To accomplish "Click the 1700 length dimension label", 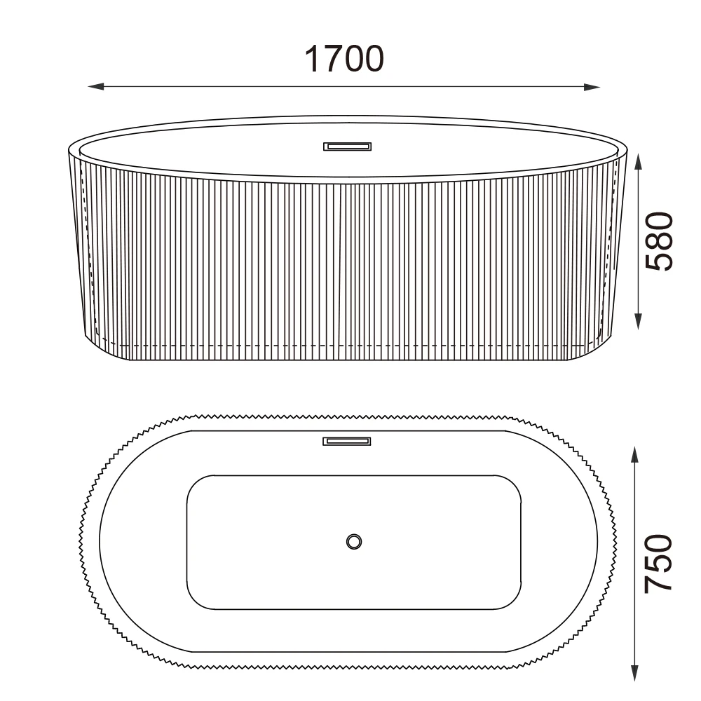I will coord(343,59).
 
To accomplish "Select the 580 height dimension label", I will coord(659,242).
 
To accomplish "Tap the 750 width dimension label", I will coord(659,563).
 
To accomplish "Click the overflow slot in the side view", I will coord(347,147).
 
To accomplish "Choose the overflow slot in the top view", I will coord(347,441).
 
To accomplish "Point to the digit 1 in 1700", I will coord(313,59).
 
